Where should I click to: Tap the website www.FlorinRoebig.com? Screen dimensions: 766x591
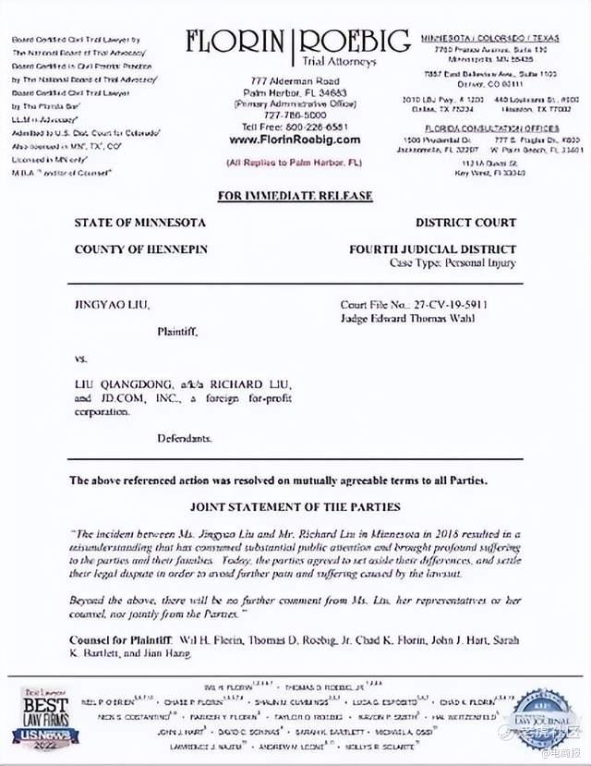tap(295, 140)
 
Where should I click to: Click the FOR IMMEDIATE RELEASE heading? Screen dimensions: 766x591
tap(295, 196)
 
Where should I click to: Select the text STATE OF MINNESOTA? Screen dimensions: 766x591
tap(140, 223)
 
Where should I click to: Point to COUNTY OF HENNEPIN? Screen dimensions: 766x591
tap(141, 249)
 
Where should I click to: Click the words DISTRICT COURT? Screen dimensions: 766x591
tap(465, 223)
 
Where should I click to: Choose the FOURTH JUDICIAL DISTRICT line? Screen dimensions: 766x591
tap(432, 249)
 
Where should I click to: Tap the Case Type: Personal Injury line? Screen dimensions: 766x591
tap(452, 263)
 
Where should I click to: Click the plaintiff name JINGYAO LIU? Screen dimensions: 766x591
tap(111, 303)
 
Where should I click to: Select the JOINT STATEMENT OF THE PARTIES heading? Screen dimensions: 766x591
tap(295, 507)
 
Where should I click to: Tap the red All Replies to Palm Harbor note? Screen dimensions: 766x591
tap(295, 162)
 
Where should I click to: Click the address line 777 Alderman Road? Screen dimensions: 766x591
tap(295, 81)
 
